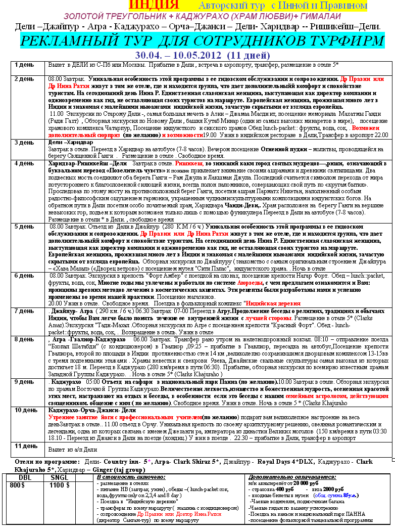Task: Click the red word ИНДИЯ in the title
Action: point(154,6)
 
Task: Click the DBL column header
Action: point(25,476)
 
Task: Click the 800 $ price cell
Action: point(17,485)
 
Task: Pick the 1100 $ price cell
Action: point(60,485)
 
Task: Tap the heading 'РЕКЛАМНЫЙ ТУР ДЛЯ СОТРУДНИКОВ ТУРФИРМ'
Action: point(202,41)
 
